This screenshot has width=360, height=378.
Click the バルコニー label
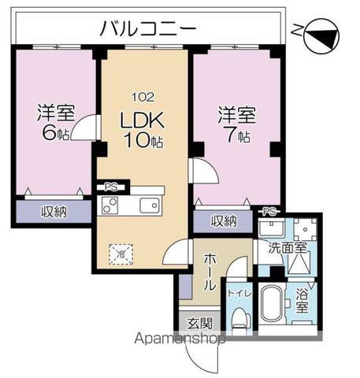click(x=147, y=30)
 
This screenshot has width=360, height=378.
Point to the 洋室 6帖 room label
click(x=55, y=122)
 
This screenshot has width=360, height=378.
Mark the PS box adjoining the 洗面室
click(x=269, y=210)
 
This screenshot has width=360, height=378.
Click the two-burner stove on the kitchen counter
click(x=109, y=206)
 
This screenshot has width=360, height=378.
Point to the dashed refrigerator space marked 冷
click(x=121, y=254)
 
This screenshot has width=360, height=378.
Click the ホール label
click(x=209, y=271)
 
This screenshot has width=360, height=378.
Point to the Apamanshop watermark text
click(x=181, y=339)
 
